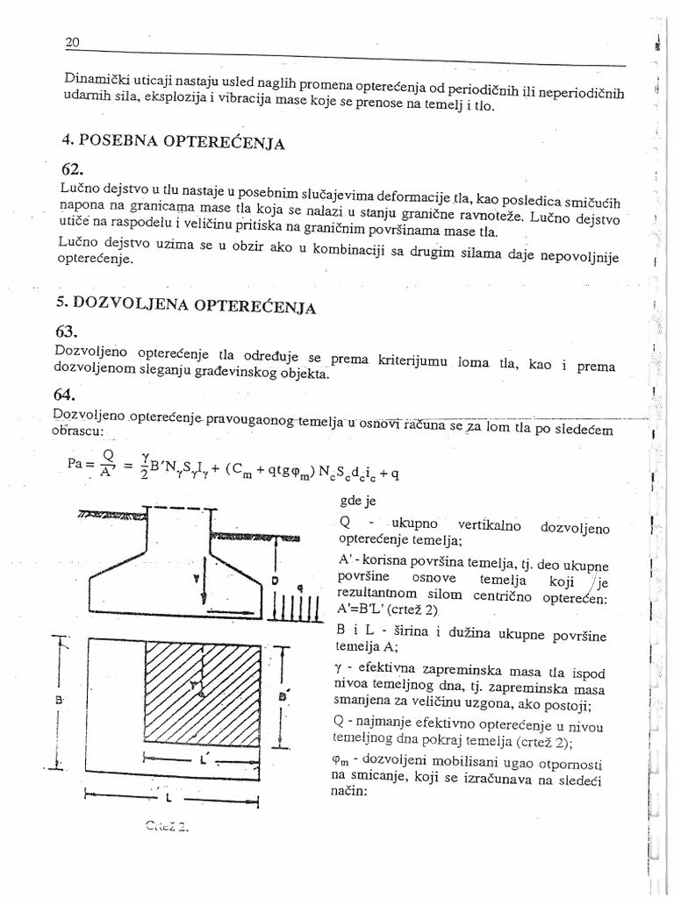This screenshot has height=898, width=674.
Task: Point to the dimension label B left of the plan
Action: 57,701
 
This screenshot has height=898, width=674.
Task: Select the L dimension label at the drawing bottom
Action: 167,799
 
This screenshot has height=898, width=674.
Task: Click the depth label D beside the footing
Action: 274,581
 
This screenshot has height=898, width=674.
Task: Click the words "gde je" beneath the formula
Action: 356,502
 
